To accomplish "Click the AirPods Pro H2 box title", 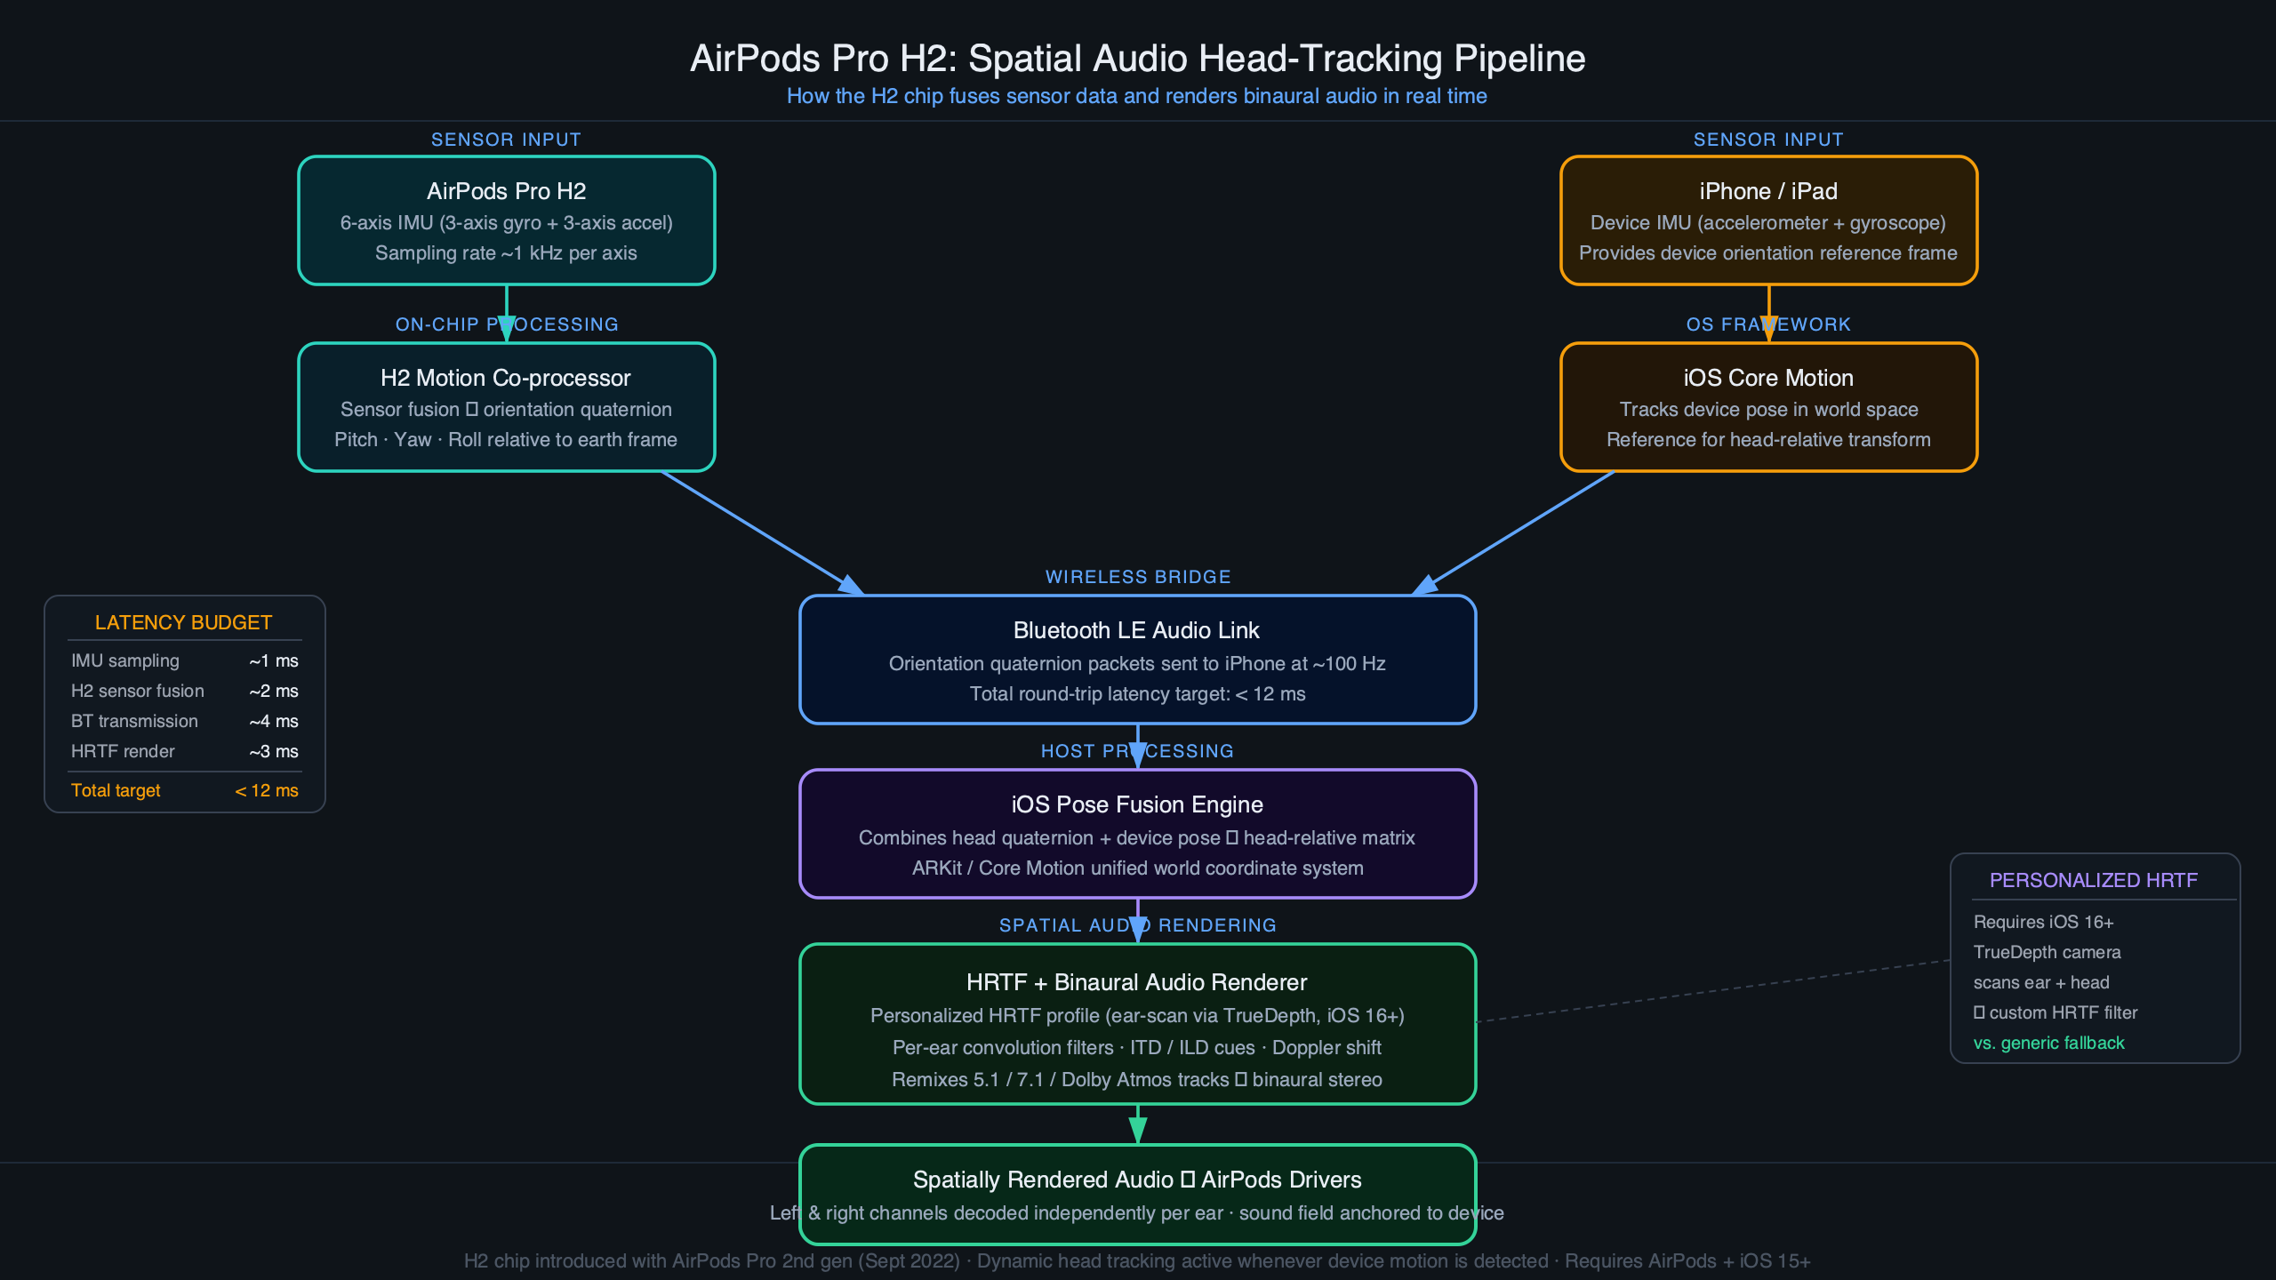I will (x=506, y=191).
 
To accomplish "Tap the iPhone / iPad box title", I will (x=1767, y=191).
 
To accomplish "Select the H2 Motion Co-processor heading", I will (x=505, y=378).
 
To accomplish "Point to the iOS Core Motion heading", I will (x=1767, y=378).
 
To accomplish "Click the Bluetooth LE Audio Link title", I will (x=1136, y=630).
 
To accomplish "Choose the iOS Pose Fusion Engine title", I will (x=1136, y=804).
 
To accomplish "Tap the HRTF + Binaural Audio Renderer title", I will (x=1136, y=982).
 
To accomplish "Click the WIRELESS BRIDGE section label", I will (x=1137, y=577).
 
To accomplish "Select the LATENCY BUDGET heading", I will (x=183, y=623).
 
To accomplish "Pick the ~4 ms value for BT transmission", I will (x=274, y=721).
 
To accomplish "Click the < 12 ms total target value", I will (x=267, y=790).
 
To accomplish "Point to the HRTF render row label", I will (x=123, y=751).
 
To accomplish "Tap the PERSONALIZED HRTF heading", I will (x=2093, y=880).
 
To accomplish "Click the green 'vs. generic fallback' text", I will (x=2048, y=1043).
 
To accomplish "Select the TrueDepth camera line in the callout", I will (x=2047, y=952).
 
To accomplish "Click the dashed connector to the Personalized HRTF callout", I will (x=1711, y=991).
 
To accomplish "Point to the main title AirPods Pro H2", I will (x=1137, y=59).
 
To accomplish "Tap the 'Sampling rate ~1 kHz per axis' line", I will (x=506, y=253).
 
